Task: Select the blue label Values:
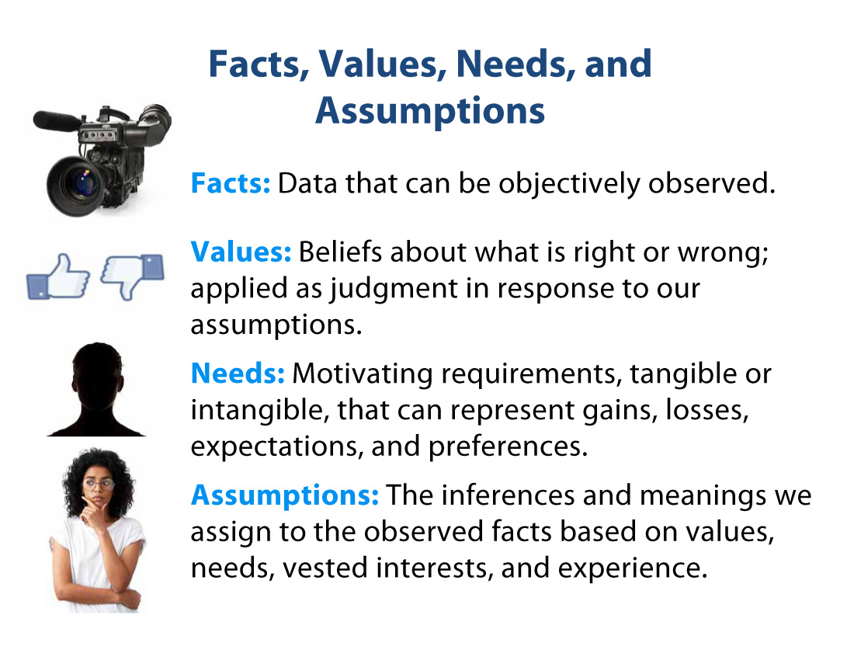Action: pyautogui.click(x=241, y=252)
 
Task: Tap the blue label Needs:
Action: pyautogui.click(x=238, y=373)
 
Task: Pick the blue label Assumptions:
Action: pyautogui.click(x=285, y=495)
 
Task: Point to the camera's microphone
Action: pyautogui.click(x=58, y=120)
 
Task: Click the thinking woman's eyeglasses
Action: pyautogui.click(x=99, y=484)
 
